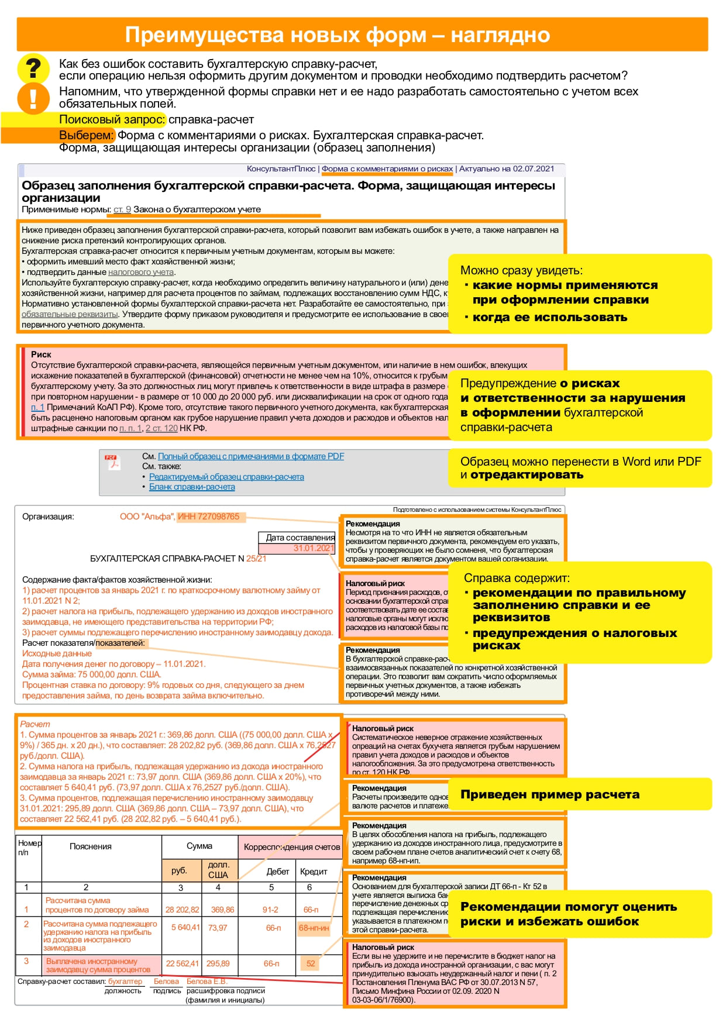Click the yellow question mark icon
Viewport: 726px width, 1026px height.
click(x=33, y=68)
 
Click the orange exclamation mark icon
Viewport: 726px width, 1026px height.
click(x=33, y=97)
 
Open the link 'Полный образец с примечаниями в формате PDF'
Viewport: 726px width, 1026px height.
click(x=251, y=456)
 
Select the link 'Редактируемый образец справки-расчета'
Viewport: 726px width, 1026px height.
click(x=226, y=477)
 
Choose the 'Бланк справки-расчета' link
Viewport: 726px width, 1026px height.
click(x=192, y=487)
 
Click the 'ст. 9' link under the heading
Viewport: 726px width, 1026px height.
click(x=122, y=209)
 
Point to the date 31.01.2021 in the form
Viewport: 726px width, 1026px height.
click(x=314, y=548)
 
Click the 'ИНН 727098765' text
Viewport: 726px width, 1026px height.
click(x=209, y=517)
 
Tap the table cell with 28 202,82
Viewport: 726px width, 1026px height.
click(x=182, y=910)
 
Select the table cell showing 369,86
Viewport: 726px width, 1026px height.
click(x=222, y=910)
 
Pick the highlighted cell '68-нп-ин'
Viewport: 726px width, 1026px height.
click(x=314, y=928)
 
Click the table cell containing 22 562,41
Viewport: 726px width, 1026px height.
click(x=182, y=963)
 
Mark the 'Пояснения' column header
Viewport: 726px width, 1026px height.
click(x=91, y=846)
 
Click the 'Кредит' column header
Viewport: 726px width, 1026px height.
click(x=314, y=872)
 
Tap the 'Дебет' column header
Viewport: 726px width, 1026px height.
click(x=278, y=872)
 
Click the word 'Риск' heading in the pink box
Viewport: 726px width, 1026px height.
click(x=41, y=354)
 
